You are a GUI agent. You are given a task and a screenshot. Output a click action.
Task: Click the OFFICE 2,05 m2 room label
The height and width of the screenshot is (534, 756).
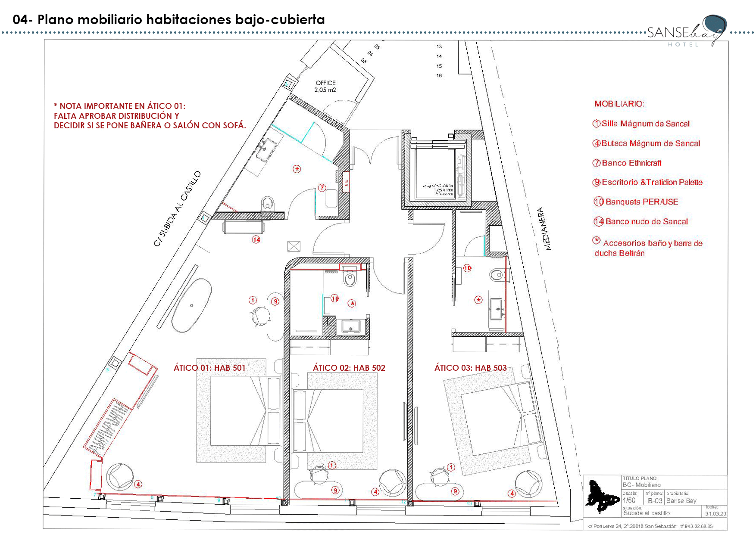pos(325,86)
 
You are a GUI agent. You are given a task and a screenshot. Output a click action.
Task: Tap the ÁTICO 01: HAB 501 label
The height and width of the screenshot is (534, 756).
pos(209,368)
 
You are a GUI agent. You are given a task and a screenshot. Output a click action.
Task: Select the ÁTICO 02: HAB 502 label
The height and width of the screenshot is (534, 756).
pos(349,368)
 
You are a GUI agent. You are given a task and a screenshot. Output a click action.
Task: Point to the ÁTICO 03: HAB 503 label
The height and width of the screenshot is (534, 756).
pos(471,368)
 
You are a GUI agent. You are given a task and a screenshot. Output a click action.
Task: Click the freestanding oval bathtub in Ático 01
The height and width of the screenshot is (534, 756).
pos(192,305)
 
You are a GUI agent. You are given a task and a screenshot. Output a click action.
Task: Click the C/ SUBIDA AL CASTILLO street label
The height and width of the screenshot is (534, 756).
pos(178,209)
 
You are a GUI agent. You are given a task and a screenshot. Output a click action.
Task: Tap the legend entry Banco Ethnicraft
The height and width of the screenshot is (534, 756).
pos(631,163)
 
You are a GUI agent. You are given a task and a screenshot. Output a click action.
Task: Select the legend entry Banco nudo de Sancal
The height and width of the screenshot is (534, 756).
pos(646,221)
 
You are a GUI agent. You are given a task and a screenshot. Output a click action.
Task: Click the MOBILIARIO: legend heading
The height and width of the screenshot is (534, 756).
pos(619,104)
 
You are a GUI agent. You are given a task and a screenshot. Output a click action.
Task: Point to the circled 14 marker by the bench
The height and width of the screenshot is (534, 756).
pos(256,239)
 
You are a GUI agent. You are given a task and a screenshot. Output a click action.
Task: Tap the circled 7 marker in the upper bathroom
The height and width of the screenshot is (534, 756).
pos(322,188)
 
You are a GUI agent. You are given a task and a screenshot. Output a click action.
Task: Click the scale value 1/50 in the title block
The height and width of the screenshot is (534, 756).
pos(629,500)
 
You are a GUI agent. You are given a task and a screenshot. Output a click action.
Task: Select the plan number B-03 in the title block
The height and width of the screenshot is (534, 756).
pos(655,501)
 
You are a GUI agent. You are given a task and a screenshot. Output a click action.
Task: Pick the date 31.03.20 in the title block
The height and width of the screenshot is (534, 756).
pos(715,514)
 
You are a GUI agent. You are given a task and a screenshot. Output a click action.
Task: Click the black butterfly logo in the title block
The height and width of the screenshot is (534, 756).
pos(601,496)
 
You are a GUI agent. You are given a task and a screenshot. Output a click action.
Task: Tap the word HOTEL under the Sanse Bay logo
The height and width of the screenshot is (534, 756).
pos(683,44)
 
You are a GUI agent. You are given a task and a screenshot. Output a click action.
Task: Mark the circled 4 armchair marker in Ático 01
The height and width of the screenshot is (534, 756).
pos(138,484)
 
